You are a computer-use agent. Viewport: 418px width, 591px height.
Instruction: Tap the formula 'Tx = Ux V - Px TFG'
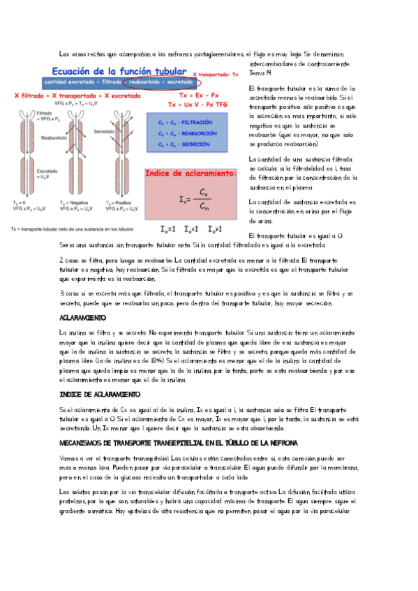coord(197,104)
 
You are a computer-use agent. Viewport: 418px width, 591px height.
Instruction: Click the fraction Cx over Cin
coord(202,199)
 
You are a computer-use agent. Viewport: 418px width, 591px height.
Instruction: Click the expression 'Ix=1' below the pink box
coord(168,229)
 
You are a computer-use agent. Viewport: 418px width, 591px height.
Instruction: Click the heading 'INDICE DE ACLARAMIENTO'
coord(100,394)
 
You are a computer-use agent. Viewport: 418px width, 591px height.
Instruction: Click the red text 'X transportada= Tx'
coord(215,72)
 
